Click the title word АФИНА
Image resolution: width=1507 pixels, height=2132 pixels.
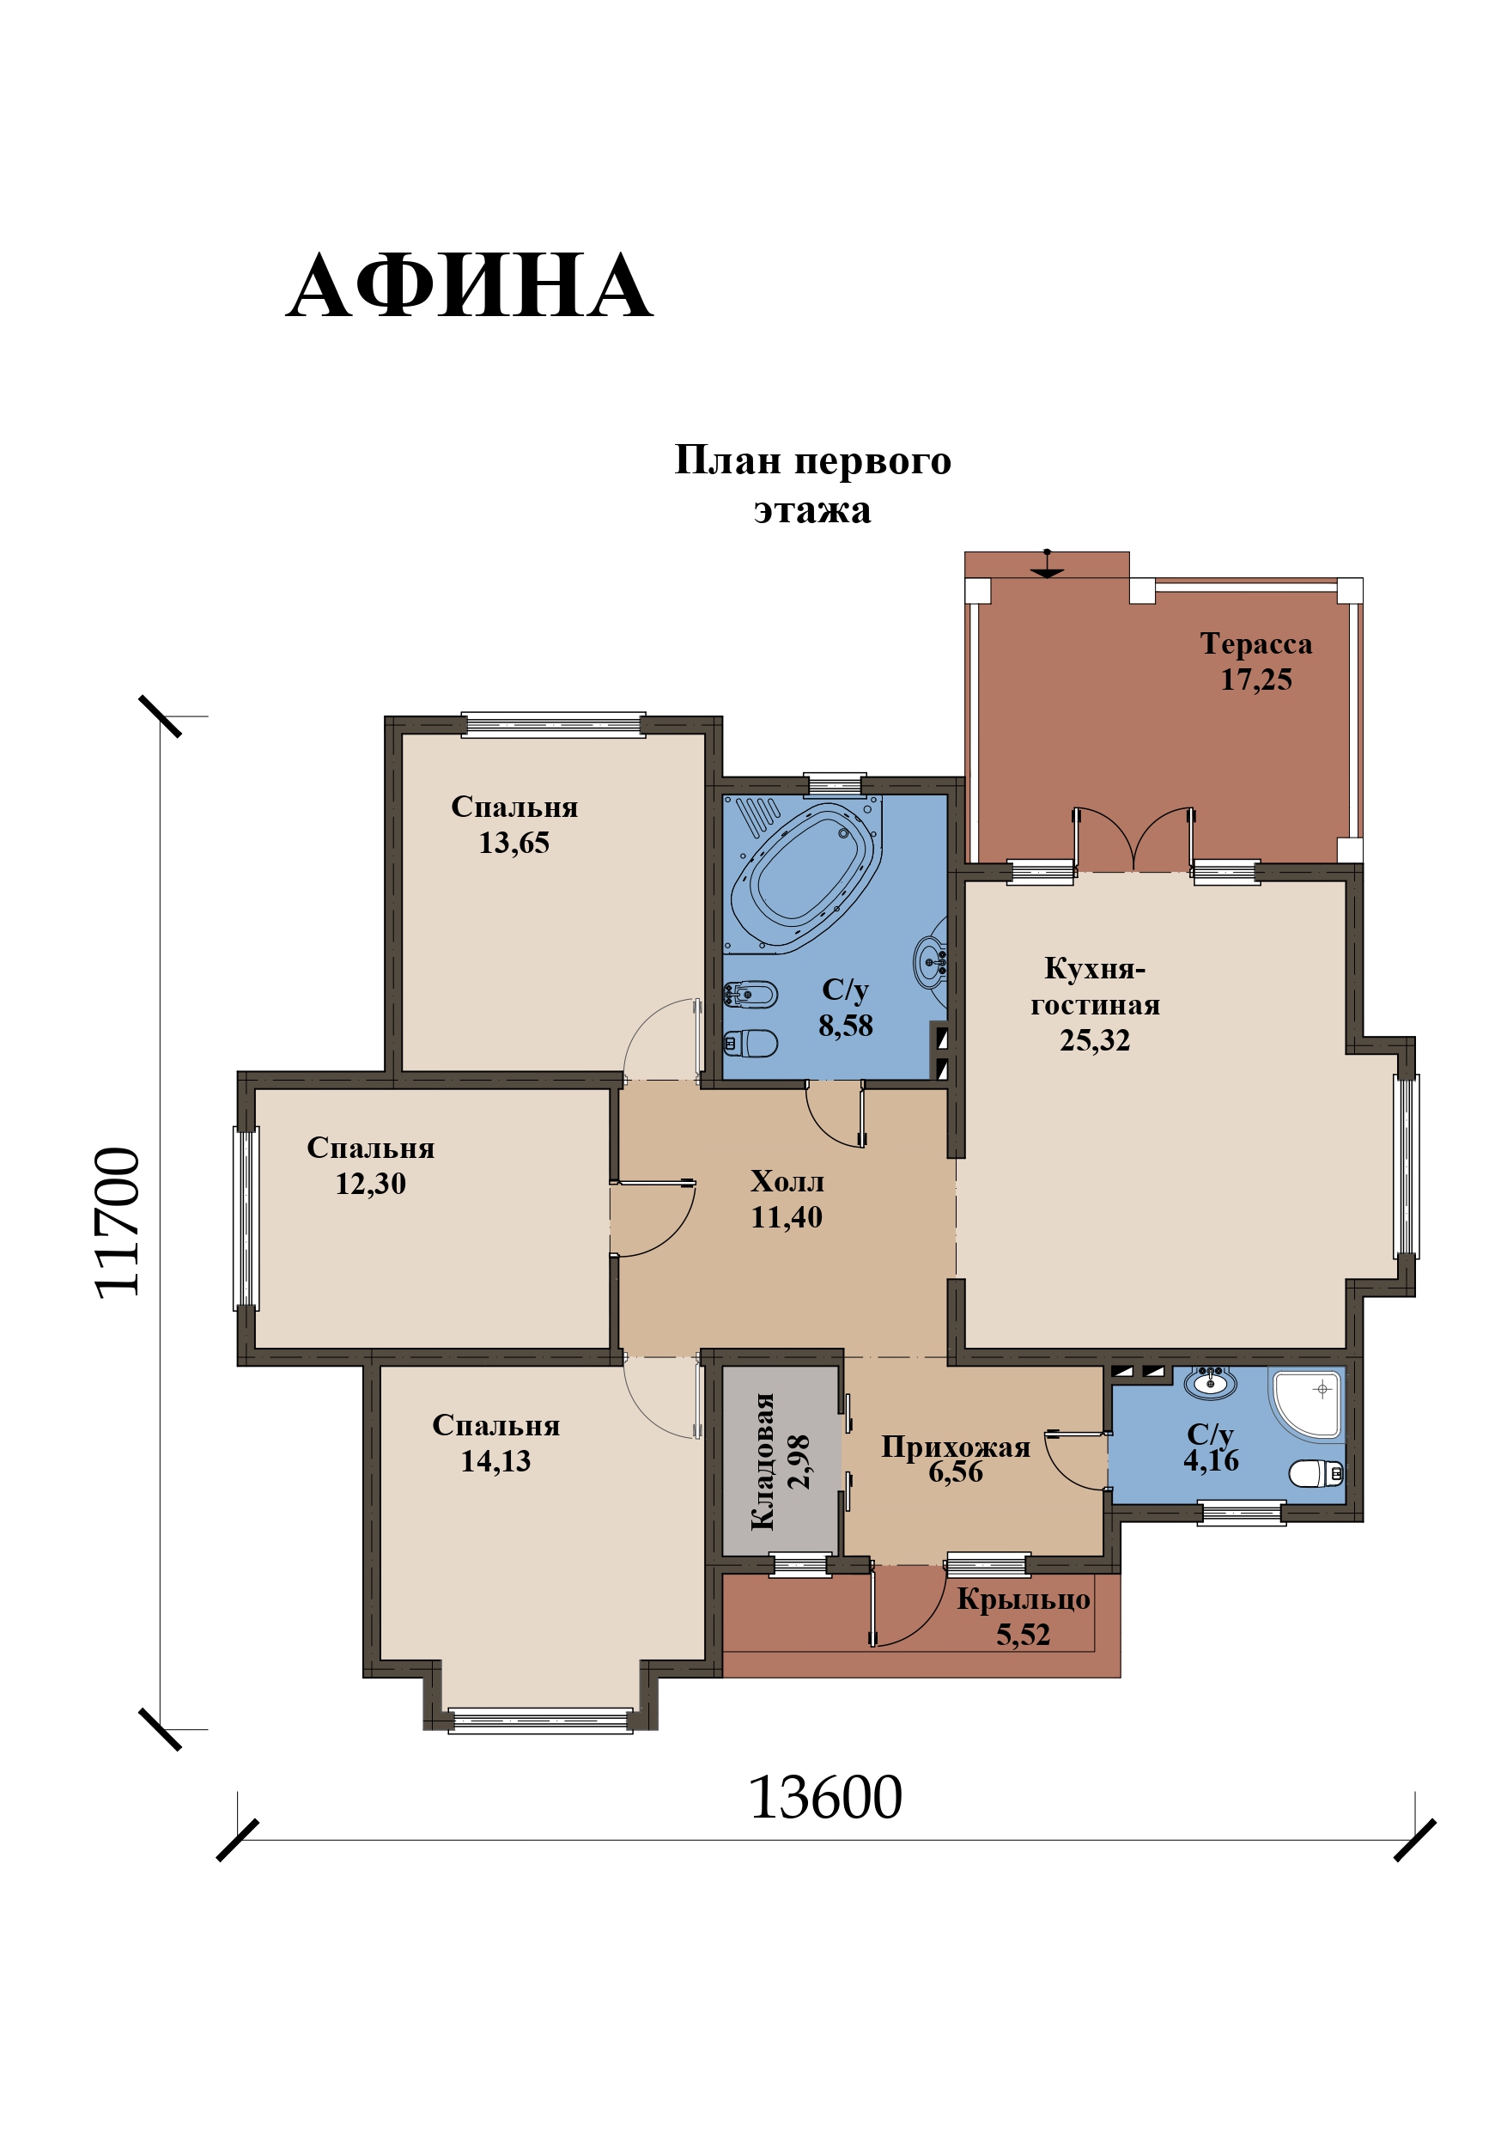[469, 286]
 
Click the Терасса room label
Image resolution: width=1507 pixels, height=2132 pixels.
[1255, 643]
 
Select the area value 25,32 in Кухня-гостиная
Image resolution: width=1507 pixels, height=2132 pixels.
[1095, 1040]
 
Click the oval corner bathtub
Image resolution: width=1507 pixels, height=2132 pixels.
[803, 874]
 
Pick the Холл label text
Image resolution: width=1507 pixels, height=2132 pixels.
[787, 1180]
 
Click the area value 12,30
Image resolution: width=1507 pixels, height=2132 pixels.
[370, 1183]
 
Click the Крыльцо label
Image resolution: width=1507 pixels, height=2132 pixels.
[1024, 1599]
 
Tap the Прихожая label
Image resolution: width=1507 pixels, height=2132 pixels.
[956, 1446]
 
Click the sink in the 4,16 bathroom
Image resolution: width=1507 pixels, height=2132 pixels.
[1210, 1383]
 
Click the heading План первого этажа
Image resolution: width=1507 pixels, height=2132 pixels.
[812, 484]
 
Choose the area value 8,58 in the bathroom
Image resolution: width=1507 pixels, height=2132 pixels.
[845, 1025]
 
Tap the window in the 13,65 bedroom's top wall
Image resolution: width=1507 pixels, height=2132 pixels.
[553, 724]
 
